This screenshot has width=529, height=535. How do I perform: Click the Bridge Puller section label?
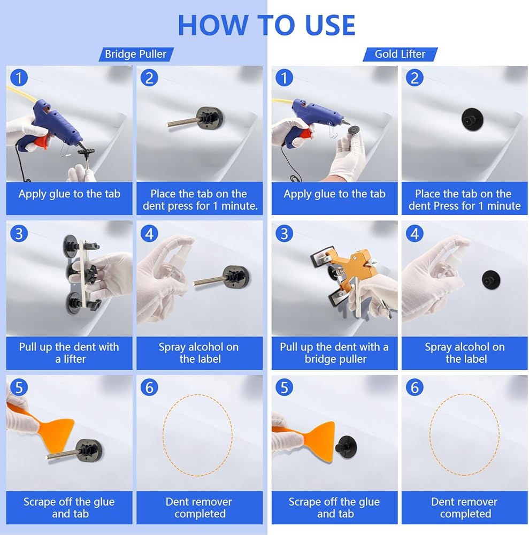click(136, 54)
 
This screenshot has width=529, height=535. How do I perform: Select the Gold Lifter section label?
click(400, 54)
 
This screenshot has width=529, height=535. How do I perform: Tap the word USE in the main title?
click(330, 25)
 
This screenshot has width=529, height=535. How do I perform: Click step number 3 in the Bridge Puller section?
click(19, 234)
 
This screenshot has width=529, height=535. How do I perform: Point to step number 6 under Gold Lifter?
click(415, 387)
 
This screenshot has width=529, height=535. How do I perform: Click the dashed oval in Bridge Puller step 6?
click(163, 435)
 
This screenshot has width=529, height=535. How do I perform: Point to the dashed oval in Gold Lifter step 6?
click(430, 435)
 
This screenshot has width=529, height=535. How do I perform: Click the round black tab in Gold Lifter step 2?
click(472, 119)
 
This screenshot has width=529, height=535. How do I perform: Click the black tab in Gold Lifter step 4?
click(491, 280)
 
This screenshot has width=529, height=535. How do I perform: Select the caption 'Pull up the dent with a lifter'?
click(69, 353)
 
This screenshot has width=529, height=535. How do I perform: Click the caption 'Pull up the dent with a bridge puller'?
click(334, 353)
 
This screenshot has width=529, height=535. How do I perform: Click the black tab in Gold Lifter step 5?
click(346, 447)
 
